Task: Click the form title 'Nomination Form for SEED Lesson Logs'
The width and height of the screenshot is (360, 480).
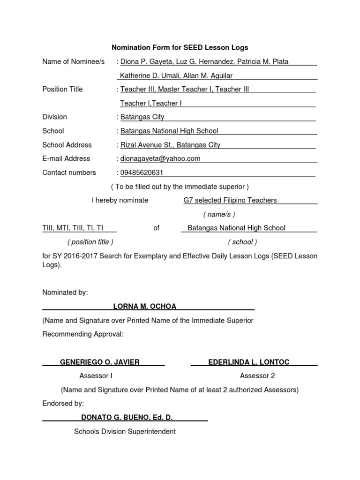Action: pos(180,47)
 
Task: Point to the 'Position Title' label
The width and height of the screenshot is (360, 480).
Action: pos(62,89)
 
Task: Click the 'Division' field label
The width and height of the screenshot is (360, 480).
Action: pos(54,117)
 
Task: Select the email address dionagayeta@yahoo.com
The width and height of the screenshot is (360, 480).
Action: pos(160,158)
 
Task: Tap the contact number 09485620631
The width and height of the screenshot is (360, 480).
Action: pos(142,172)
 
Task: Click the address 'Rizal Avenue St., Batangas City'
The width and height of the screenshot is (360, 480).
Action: pos(170,145)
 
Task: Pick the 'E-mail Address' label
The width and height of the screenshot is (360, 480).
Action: pos(66,158)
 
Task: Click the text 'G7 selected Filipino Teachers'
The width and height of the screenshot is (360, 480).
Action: pos(230,200)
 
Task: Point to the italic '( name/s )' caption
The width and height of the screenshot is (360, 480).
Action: pos(219,214)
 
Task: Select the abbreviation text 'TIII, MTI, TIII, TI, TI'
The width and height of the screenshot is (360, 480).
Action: pos(73,228)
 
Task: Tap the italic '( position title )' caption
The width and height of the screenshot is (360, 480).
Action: pos(90,242)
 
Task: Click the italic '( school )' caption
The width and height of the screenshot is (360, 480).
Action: pos(242,242)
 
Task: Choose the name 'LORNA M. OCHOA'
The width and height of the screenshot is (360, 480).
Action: pos(145,306)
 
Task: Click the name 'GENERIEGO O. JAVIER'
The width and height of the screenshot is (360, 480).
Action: pos(100,362)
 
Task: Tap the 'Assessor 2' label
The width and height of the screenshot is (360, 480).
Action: pos(257,375)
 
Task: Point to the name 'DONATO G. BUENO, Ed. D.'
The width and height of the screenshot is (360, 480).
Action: pos(124,417)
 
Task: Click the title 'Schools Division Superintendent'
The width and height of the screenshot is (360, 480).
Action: pos(125,431)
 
